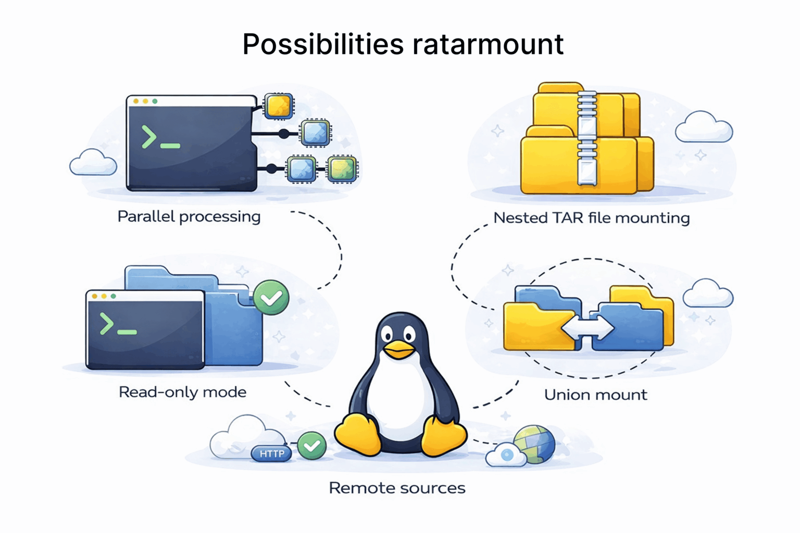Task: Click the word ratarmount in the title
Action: (x=488, y=44)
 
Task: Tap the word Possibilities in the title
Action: (x=323, y=44)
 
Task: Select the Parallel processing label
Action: (x=189, y=217)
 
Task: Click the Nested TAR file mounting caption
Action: (x=591, y=218)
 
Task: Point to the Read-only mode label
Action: (x=182, y=392)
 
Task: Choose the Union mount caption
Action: (x=595, y=395)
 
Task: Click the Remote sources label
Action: (x=397, y=488)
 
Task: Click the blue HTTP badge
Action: (x=271, y=453)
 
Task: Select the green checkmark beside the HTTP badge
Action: (x=312, y=446)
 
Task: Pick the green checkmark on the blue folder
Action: (x=271, y=298)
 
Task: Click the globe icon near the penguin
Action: (x=535, y=443)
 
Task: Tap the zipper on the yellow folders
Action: (x=587, y=138)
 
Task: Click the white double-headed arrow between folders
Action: (x=587, y=328)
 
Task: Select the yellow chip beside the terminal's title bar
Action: (x=279, y=106)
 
